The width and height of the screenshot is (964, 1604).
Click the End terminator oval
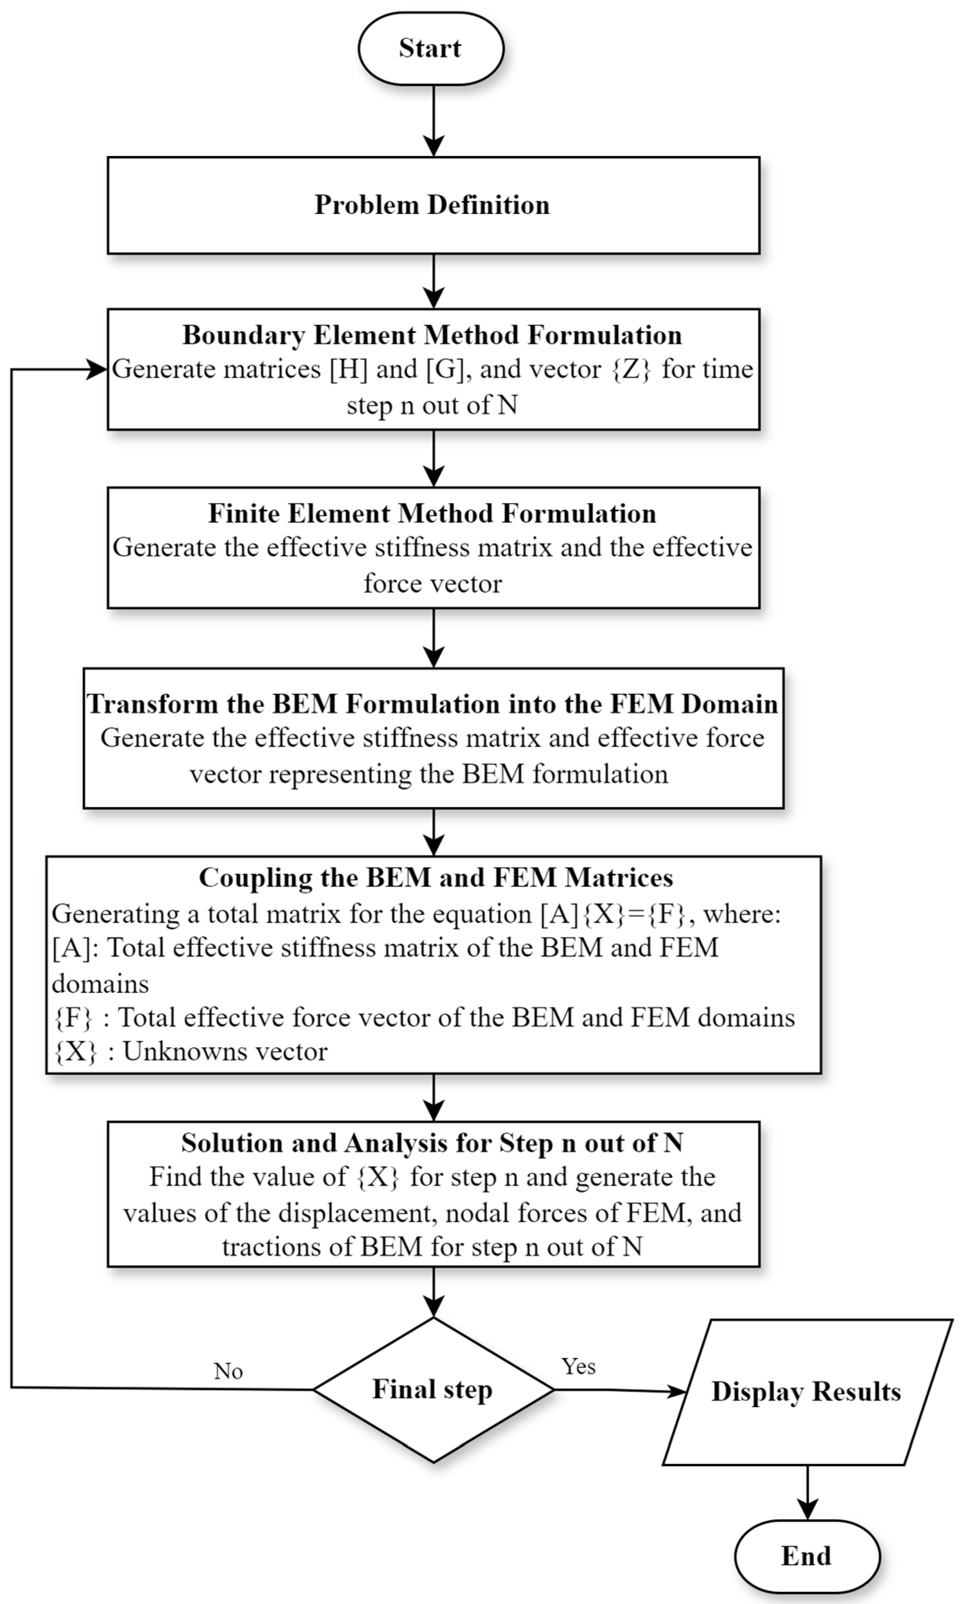[807, 1556]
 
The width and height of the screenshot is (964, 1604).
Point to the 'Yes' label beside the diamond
[578, 1366]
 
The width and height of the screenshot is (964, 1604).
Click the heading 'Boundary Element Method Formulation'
[432, 335]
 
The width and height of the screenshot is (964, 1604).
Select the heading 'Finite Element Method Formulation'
[432, 513]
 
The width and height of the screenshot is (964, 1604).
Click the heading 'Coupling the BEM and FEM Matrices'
[436, 877]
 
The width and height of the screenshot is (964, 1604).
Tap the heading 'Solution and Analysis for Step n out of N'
[432, 1143]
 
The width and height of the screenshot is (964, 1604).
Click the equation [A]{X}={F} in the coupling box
[613, 914]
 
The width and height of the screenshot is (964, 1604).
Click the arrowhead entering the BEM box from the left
[97, 370]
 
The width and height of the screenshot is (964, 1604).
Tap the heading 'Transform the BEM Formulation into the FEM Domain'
[432, 704]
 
